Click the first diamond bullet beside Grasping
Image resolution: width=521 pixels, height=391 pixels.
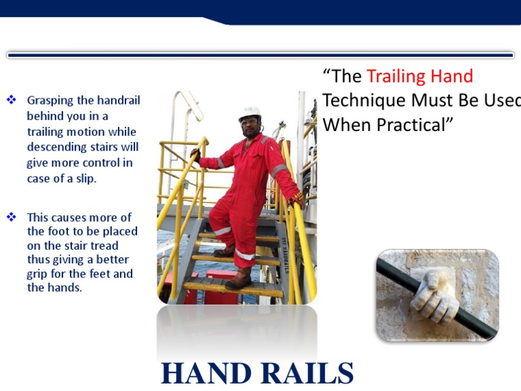[x=11, y=100]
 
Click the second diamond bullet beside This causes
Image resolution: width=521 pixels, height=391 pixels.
[x=11, y=217]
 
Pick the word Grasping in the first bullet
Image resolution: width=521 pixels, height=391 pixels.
[x=51, y=101]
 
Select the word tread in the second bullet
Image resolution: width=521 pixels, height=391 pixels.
[x=104, y=246]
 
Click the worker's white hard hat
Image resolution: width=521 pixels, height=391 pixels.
[x=250, y=113]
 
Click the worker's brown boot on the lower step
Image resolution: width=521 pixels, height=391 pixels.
[x=239, y=278]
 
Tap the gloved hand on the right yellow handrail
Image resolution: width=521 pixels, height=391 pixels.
[x=296, y=200]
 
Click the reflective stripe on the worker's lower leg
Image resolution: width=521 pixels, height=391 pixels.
[x=245, y=255]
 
